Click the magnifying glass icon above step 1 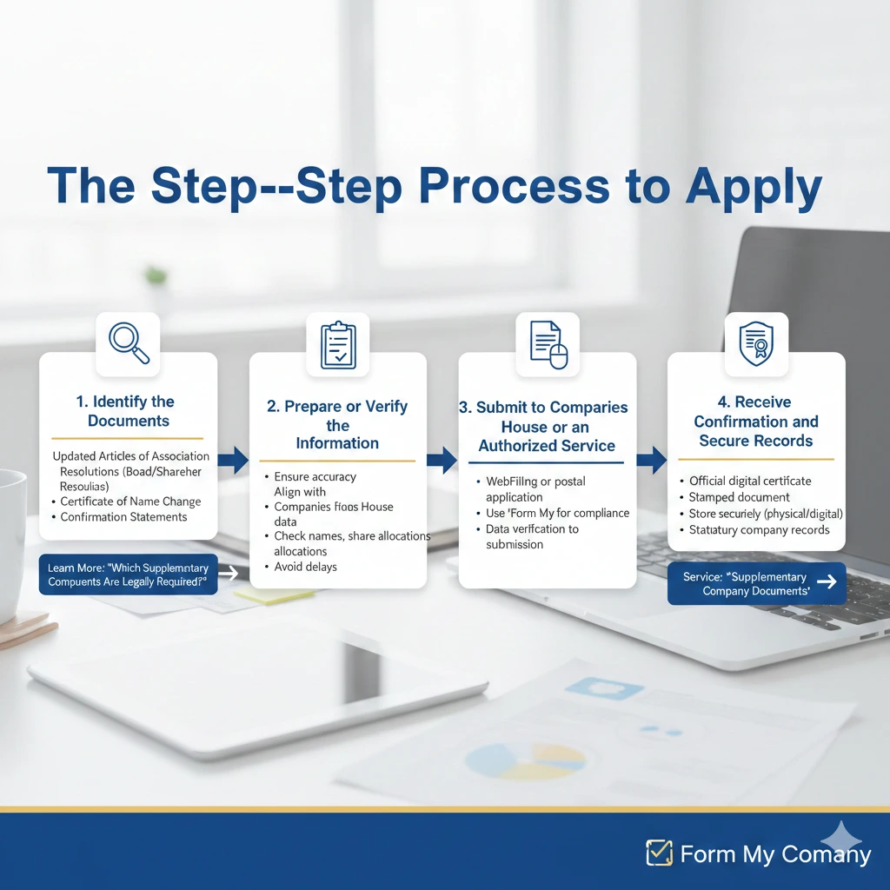[x=128, y=343]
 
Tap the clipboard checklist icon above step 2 [x=338, y=344]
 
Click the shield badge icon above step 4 [x=756, y=343]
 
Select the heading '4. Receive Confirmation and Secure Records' [x=756, y=422]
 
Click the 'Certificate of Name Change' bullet [x=130, y=501]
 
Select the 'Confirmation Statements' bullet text [x=123, y=517]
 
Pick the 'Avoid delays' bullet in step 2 [x=305, y=567]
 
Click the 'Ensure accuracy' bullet [x=315, y=476]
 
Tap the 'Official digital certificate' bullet [x=749, y=481]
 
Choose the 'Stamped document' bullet [x=739, y=497]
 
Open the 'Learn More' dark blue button [x=128, y=575]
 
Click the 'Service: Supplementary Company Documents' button [x=756, y=583]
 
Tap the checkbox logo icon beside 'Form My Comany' [x=659, y=853]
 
